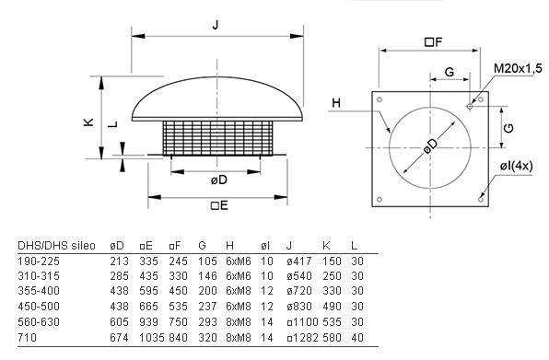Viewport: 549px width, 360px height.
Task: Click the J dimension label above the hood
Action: pyautogui.click(x=216, y=25)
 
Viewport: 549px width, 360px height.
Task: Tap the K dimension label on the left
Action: pyautogui.click(x=88, y=122)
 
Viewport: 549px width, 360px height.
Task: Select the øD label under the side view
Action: pyautogui.click(x=219, y=180)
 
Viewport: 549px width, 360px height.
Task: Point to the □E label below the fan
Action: pyautogui.click(x=219, y=205)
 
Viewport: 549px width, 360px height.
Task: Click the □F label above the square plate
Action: pyautogui.click(x=434, y=42)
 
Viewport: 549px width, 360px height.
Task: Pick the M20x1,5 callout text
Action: pyautogui.click(x=518, y=68)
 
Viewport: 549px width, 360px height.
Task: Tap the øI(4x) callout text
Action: pyautogui.click(x=516, y=166)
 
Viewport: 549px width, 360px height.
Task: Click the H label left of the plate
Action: pyautogui.click(x=336, y=103)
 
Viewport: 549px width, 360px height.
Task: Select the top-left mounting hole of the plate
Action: pyautogui.click(x=380, y=99)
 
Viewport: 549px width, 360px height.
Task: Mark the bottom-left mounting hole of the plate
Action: pyautogui.click(x=380, y=200)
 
